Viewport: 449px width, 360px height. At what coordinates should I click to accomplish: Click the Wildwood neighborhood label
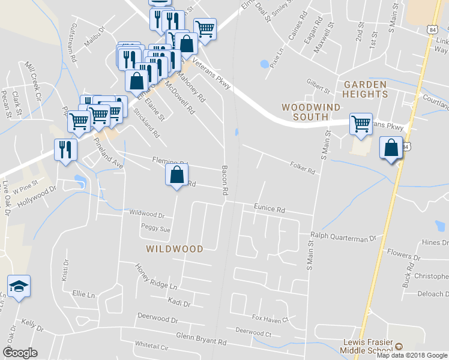(174, 248)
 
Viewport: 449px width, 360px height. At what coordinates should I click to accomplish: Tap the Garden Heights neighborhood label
(366, 89)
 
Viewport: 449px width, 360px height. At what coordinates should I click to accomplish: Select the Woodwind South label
(311, 112)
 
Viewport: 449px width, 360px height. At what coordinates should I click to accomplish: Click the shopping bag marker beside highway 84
(391, 148)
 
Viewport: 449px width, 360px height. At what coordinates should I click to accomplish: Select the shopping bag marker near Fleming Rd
(176, 176)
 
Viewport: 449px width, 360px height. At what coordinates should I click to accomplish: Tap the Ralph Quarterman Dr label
(343, 238)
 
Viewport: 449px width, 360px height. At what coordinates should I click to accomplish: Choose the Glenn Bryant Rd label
(201, 340)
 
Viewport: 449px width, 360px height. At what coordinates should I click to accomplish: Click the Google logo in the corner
(20, 353)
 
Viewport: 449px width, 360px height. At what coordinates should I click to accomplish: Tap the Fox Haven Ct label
(270, 319)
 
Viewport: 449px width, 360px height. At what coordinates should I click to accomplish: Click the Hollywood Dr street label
(37, 196)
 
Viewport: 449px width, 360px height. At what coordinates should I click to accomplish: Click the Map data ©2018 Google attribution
(412, 355)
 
